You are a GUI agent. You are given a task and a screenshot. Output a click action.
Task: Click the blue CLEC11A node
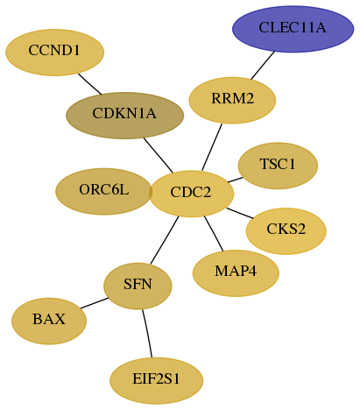point(293,29)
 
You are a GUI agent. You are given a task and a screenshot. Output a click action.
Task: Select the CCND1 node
point(54,53)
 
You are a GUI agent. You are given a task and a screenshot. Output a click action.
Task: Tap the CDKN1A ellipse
point(124,116)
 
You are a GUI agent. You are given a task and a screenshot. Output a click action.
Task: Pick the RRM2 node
point(232,100)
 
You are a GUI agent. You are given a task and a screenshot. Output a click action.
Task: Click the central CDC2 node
point(192,194)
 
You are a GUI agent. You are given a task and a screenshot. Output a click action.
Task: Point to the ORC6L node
point(103,191)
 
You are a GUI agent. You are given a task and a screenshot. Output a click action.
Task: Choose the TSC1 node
point(278,166)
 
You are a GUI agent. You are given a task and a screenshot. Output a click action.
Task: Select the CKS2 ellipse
point(286,231)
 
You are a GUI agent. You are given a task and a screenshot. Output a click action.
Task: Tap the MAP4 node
point(236,273)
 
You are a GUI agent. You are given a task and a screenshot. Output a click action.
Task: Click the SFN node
point(138,286)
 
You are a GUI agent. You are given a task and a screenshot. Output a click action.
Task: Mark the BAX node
point(49,321)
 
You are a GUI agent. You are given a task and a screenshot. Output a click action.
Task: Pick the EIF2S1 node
point(156,380)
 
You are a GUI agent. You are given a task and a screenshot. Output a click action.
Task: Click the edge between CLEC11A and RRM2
point(263,65)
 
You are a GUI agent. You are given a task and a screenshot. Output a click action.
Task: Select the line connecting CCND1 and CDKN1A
point(89,84)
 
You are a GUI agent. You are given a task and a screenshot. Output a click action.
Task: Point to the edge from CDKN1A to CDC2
point(159,155)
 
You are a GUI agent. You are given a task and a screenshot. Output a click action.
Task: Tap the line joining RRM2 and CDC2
point(212,147)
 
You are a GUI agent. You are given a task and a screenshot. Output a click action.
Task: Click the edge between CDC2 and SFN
point(165,240)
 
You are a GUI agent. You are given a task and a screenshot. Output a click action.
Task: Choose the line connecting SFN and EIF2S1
point(147,333)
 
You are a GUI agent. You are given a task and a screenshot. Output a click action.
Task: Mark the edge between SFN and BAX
point(95,303)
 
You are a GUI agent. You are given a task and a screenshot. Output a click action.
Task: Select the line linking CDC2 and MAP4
point(214,233)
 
